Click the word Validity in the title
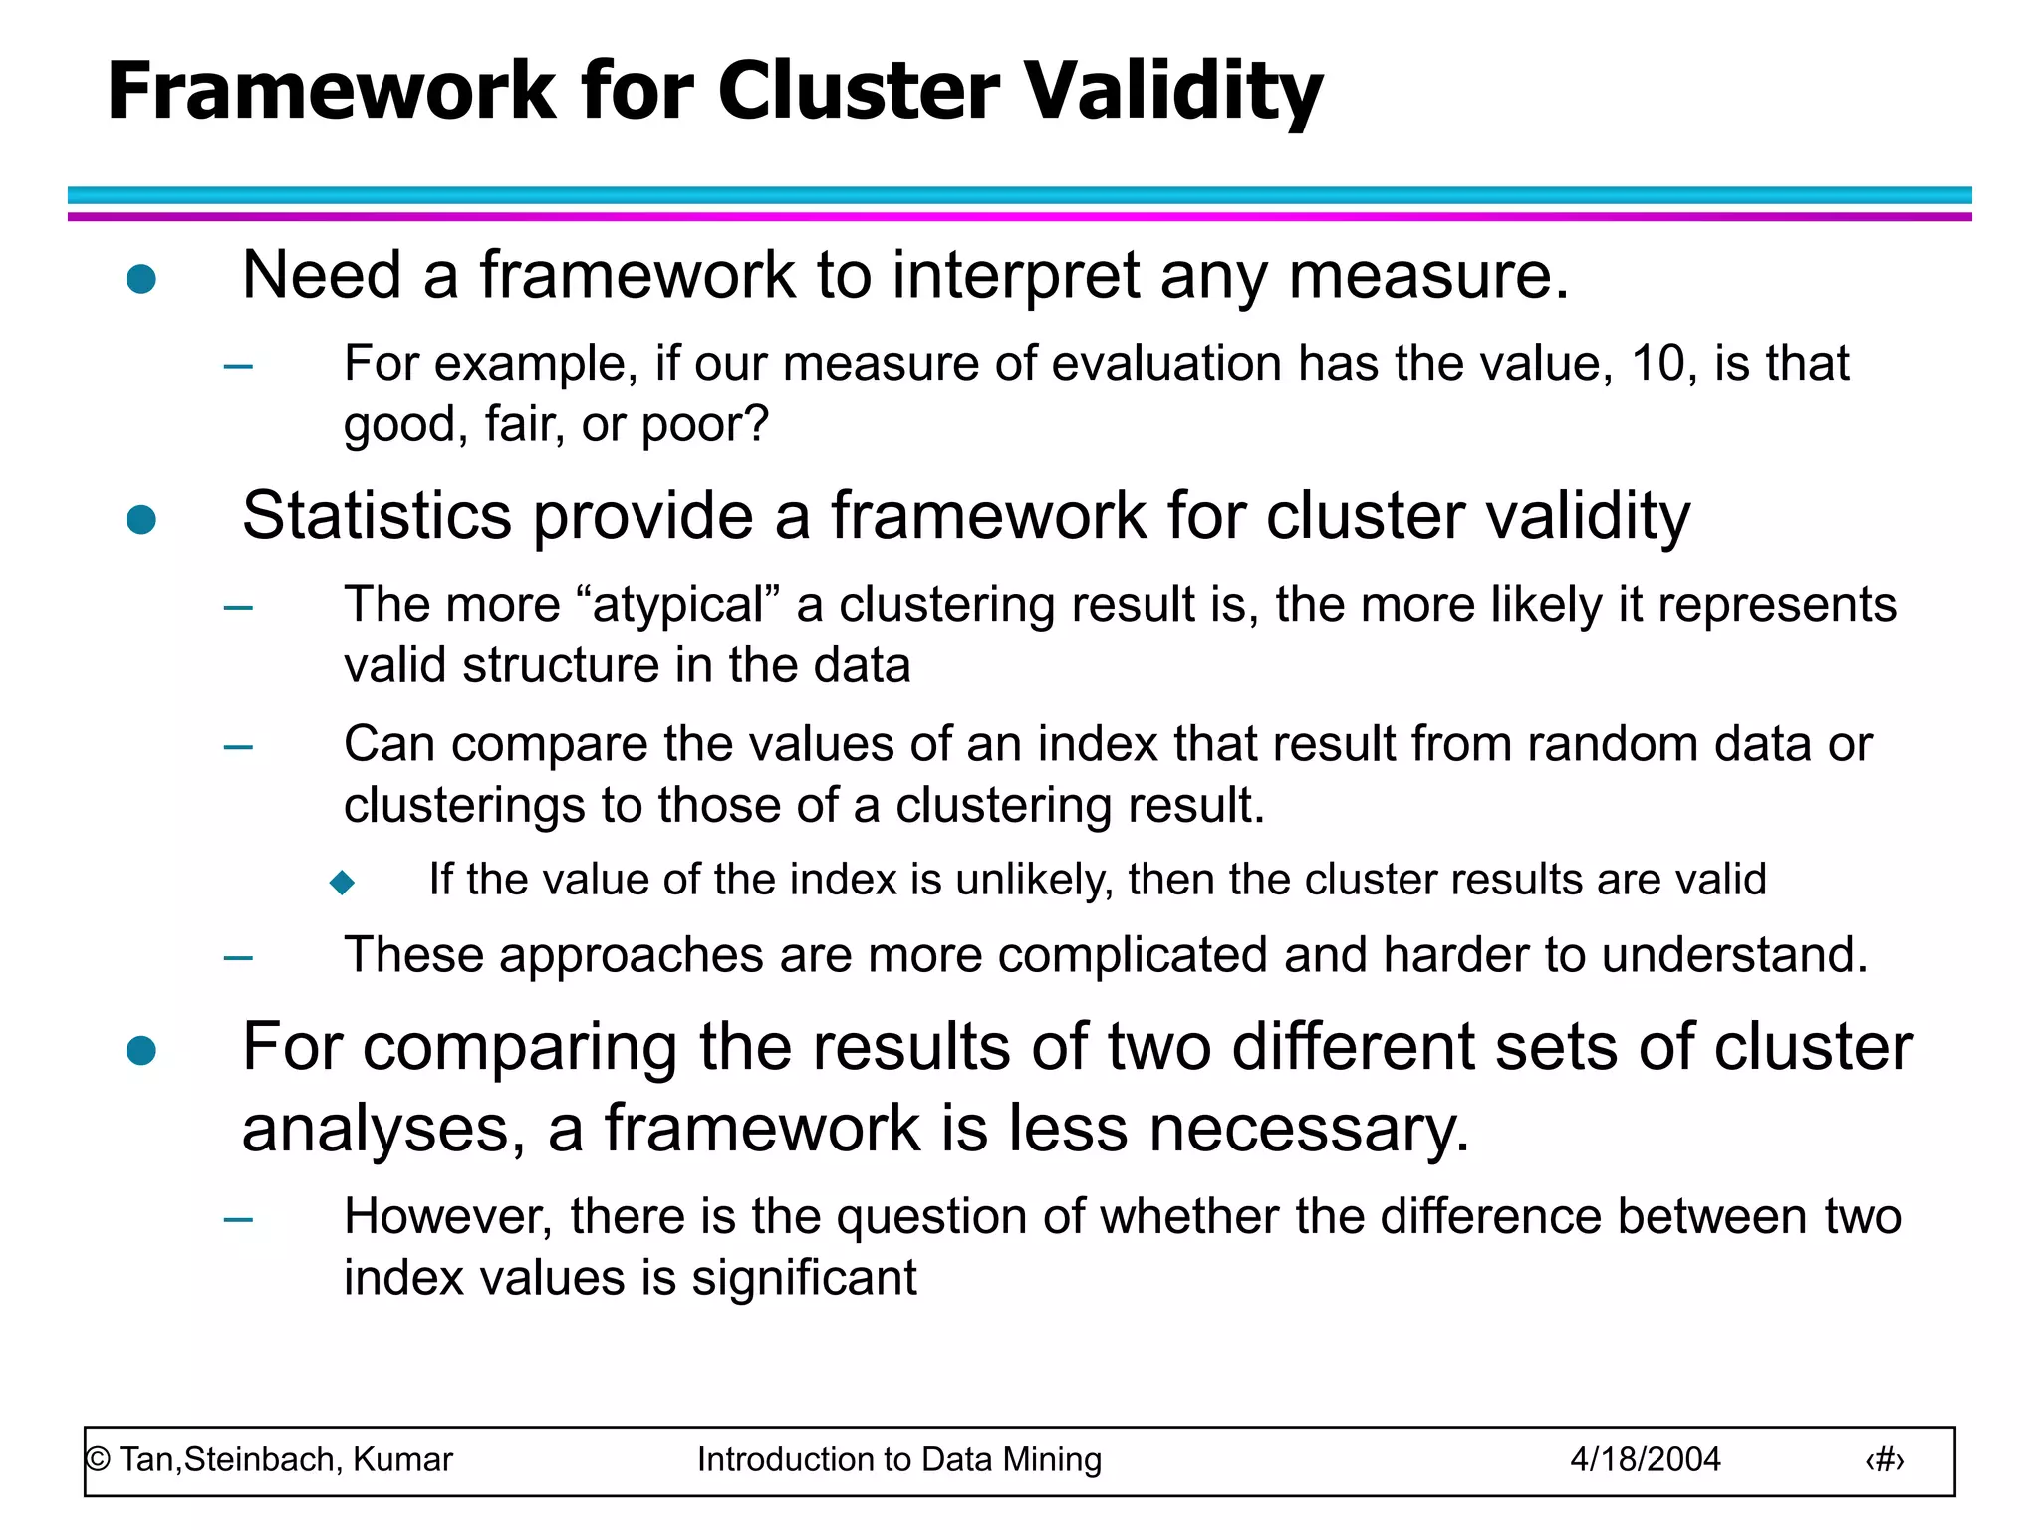click(x=1173, y=92)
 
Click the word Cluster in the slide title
click(x=858, y=92)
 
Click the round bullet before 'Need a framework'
click(x=141, y=278)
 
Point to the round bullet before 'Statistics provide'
click(x=141, y=519)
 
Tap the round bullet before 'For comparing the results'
click(x=141, y=1050)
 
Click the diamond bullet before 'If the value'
click(x=342, y=882)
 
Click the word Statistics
click(x=377, y=517)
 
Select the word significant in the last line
click(x=804, y=1278)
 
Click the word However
click(x=448, y=1217)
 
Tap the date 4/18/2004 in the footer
click(x=1645, y=1460)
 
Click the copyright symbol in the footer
click(x=98, y=1460)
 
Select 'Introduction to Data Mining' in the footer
click(x=898, y=1460)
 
